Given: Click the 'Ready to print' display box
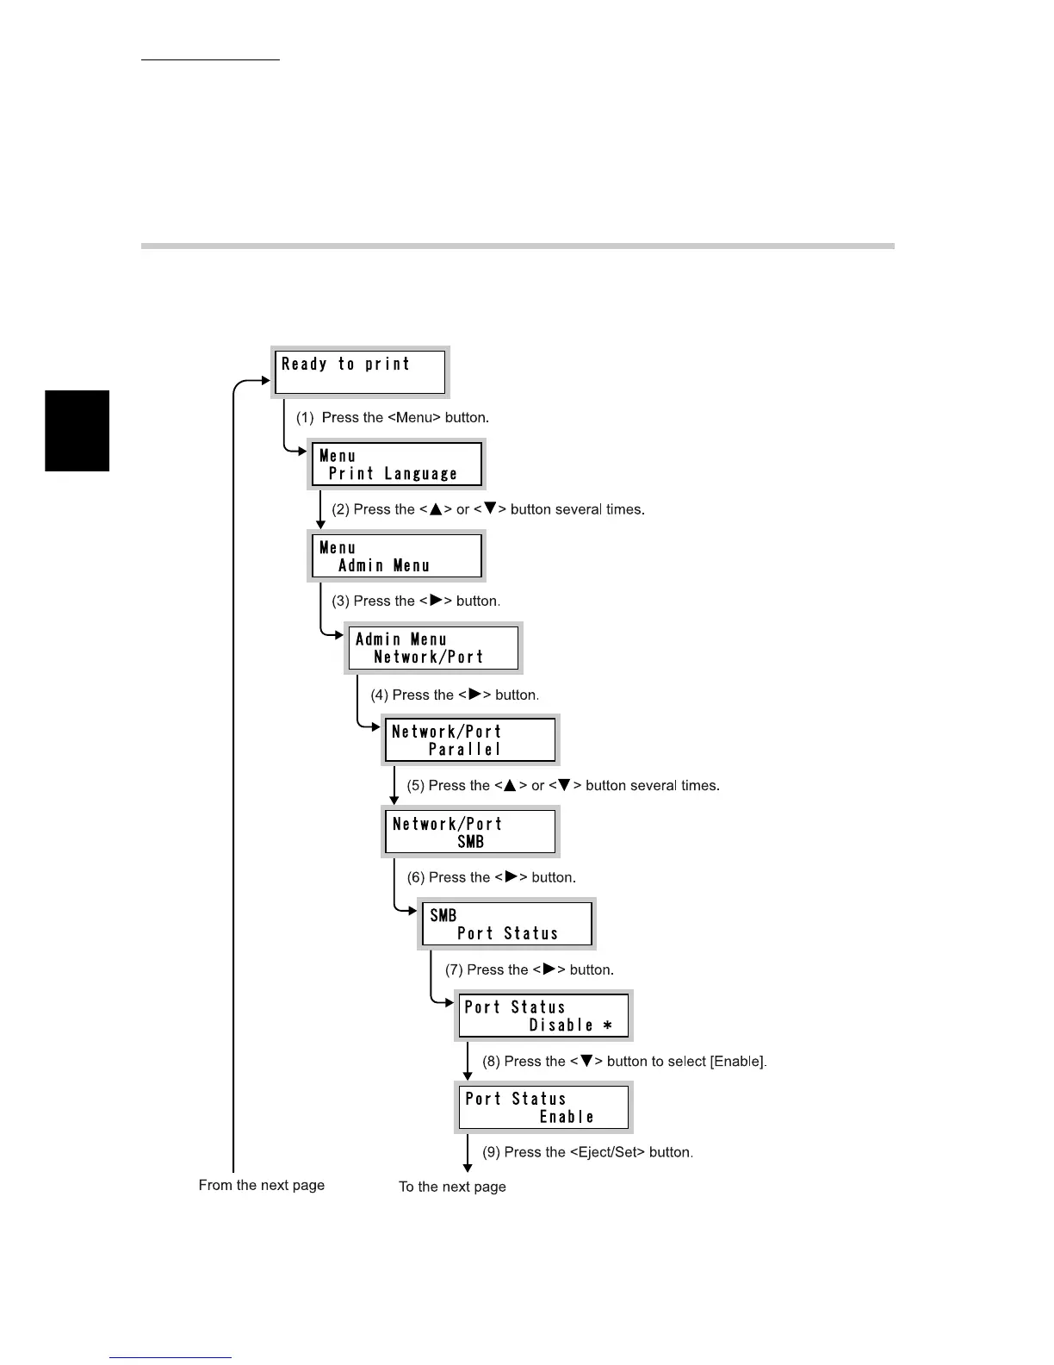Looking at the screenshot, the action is (x=361, y=371).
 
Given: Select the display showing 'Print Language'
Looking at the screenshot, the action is (x=397, y=464).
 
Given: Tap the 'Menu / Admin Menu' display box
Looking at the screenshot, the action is (x=397, y=556).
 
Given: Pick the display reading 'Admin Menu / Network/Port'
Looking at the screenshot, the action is (x=434, y=648).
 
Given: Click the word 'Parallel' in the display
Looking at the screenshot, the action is (x=465, y=750).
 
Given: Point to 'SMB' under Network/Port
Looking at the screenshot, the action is (x=470, y=842).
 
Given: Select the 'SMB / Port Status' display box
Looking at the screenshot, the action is (x=507, y=925).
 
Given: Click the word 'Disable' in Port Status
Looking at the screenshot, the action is (x=561, y=1025).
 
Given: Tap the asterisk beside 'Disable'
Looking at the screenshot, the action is (x=607, y=1025).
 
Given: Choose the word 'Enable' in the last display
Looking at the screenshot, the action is (x=567, y=1117).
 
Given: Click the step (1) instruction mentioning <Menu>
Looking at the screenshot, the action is (x=393, y=418).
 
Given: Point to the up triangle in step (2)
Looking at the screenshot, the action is (x=436, y=509).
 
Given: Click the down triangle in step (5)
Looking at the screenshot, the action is (x=564, y=785).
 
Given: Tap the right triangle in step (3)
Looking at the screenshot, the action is (x=436, y=601).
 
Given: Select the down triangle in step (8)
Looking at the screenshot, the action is (x=586, y=1061).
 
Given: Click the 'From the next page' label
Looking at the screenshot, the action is (x=262, y=1185).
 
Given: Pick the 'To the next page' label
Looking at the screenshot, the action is (x=452, y=1187).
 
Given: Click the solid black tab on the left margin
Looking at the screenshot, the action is (x=77, y=431).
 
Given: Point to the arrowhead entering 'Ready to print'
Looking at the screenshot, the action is (x=265, y=380).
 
